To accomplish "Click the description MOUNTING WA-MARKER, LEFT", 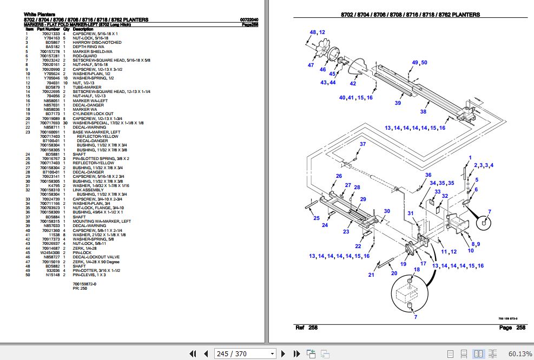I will coord(102,221).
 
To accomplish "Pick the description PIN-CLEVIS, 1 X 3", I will coord(89,275).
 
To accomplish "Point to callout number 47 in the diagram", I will coord(311,65).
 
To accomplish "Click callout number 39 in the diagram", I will coord(398,103).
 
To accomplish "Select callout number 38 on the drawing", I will coord(423,112).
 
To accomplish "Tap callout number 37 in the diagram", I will coord(362,144).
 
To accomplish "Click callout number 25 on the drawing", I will coord(317,218).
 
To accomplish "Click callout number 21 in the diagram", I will coord(371,275).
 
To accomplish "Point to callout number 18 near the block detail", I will coord(417,269).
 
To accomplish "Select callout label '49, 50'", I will coord(419,63).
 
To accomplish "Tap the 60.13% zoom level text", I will coord(520,354).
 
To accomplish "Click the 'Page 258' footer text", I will coord(512,328).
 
